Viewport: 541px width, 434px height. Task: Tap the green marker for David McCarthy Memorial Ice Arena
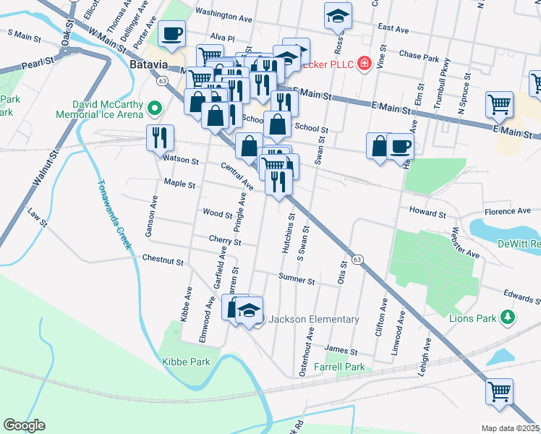click(x=153, y=109)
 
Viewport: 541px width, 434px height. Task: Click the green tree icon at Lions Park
click(x=508, y=317)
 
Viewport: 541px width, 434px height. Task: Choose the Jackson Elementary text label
click(x=313, y=319)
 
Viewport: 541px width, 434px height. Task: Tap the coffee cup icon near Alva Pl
click(x=172, y=34)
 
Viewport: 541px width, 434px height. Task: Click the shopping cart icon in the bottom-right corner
click(x=499, y=392)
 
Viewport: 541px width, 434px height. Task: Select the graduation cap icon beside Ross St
click(x=337, y=17)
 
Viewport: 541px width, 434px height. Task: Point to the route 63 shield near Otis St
click(x=357, y=258)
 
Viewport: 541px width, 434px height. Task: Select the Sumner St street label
click(x=297, y=280)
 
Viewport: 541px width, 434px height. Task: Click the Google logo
click(x=24, y=425)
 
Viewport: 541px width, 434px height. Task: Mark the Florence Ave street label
click(x=508, y=211)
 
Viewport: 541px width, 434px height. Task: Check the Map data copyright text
click(x=511, y=427)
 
